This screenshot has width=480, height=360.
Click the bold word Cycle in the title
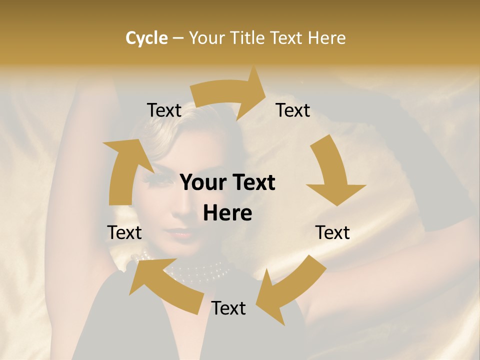(x=146, y=38)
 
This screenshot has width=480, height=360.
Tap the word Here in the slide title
(x=326, y=38)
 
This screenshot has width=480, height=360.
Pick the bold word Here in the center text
(x=227, y=213)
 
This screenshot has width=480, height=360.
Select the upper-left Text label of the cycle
(x=164, y=110)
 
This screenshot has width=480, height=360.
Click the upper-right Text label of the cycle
(x=293, y=110)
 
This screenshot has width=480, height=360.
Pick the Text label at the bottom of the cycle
(x=228, y=308)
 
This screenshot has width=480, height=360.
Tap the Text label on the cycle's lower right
(x=332, y=233)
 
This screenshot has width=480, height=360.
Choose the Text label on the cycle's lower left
(x=124, y=233)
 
